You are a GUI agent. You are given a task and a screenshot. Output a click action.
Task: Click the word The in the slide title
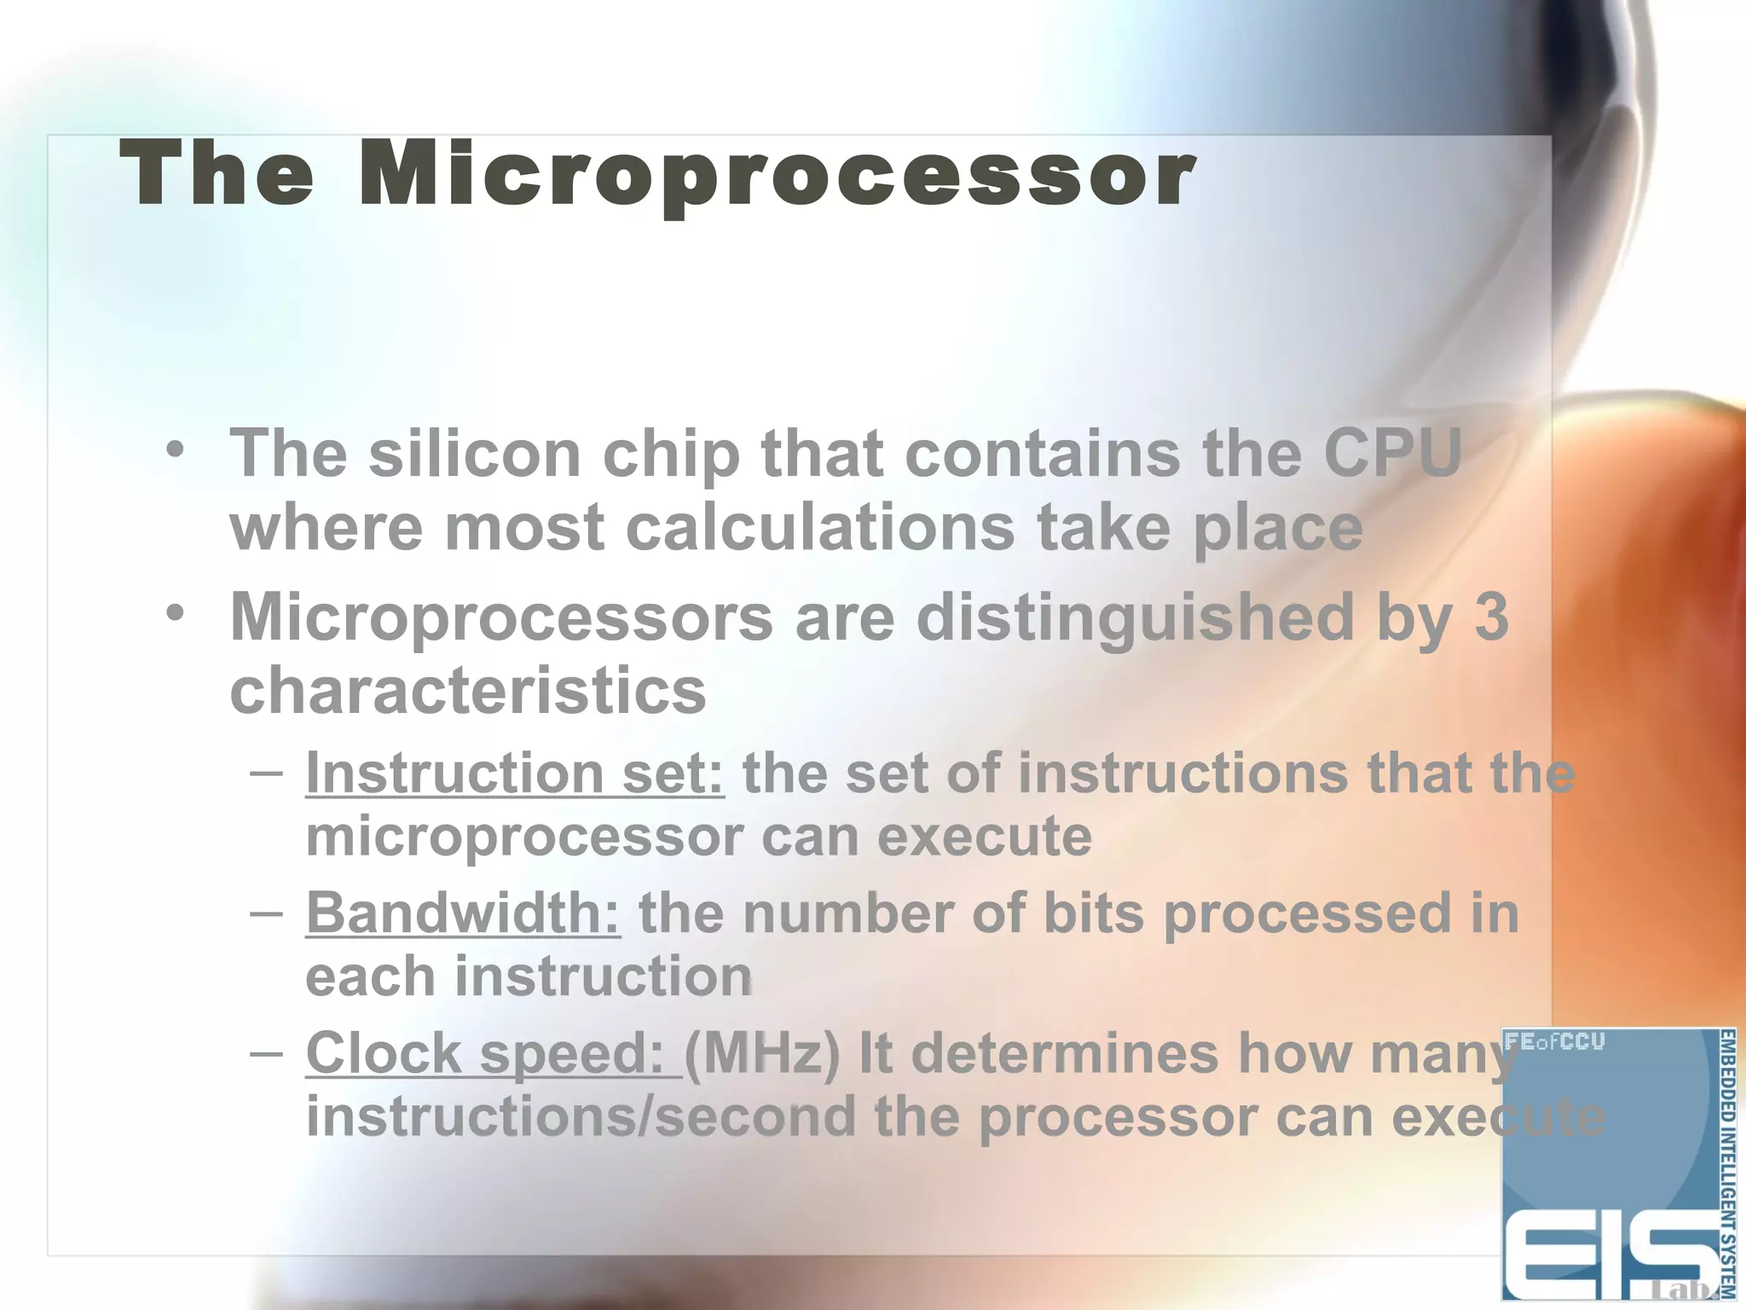(217, 175)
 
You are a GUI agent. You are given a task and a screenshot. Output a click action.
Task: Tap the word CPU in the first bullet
(1392, 453)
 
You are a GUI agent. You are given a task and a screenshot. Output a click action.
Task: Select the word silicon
(474, 453)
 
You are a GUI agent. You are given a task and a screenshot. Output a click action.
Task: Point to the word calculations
(820, 527)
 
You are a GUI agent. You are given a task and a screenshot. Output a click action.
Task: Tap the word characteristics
(468, 691)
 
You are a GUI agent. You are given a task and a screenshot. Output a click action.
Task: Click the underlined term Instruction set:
(515, 773)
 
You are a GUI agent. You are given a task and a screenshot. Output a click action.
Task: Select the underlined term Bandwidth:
(463, 913)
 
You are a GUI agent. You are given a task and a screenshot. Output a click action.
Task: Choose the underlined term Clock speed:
(492, 1052)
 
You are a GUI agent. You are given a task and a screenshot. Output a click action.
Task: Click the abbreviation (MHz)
(761, 1053)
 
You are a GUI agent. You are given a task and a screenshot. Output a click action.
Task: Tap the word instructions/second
(581, 1116)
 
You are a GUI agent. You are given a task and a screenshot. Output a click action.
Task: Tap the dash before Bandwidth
(267, 912)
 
